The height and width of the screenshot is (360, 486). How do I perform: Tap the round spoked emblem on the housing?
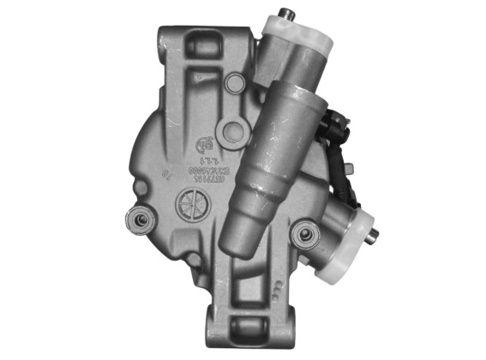coord(190,206)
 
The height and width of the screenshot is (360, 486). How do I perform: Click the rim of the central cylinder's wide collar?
coord(295,106)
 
